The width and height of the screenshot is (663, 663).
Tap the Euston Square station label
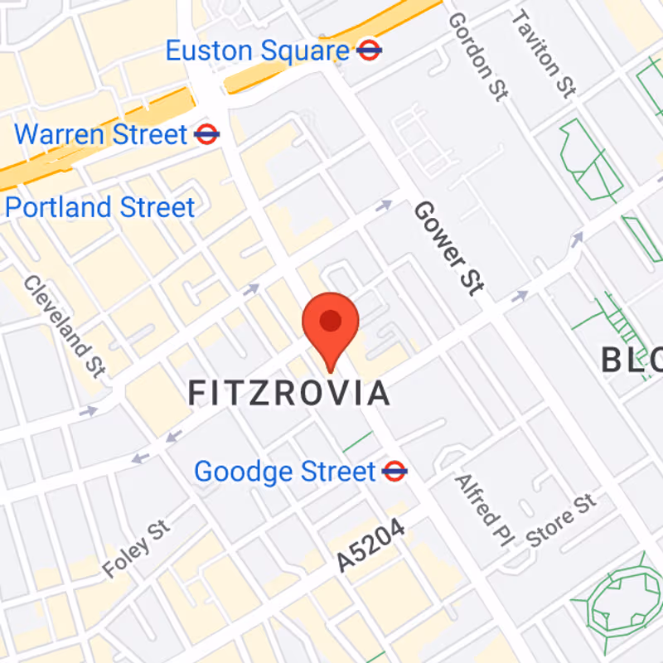(257, 51)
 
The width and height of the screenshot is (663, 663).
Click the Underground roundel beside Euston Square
(369, 51)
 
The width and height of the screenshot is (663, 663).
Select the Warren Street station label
(101, 133)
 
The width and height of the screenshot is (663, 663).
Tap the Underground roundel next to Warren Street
(206, 133)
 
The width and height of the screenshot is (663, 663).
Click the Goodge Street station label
(285, 472)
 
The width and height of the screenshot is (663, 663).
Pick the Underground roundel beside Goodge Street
(394, 472)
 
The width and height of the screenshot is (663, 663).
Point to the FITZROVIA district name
(288, 393)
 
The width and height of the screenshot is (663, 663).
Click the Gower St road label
(448, 247)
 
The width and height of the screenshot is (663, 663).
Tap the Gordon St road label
(477, 57)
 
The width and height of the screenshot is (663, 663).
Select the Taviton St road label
(543, 54)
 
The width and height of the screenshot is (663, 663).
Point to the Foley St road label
(136, 549)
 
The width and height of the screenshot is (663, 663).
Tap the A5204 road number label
(371, 546)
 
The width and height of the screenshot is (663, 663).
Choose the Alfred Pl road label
(479, 511)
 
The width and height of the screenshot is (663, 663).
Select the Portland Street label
(99, 207)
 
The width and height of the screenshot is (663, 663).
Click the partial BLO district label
(632, 361)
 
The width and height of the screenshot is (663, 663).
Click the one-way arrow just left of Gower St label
(385, 205)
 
